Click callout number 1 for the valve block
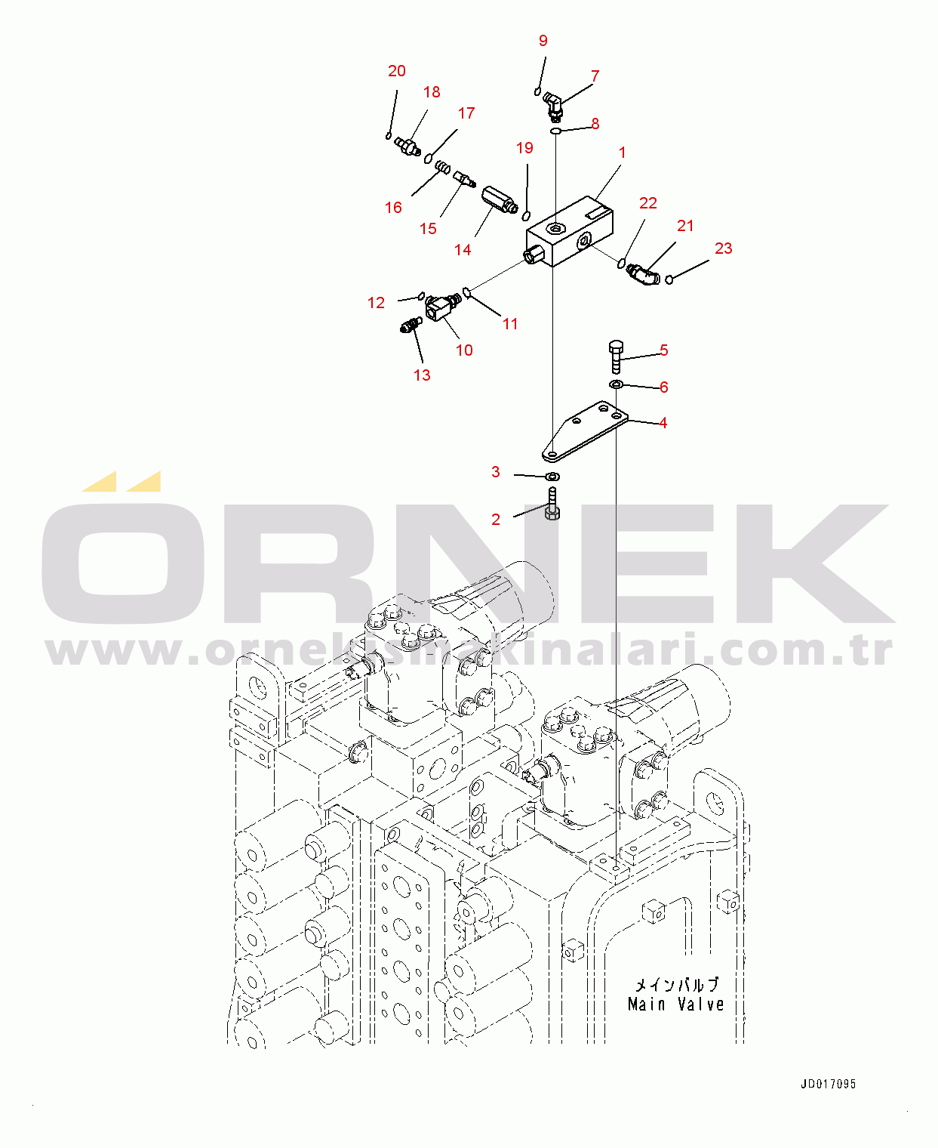[623, 153]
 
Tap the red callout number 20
[397, 71]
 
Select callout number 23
[723, 248]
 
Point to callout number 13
[422, 375]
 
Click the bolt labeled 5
[615, 356]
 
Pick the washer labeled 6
[616, 386]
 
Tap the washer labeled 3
[553, 477]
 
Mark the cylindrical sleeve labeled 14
[497, 199]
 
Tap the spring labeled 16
[443, 165]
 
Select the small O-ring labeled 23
[669, 280]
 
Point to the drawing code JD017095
[828, 1084]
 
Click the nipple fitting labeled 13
[409, 326]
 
